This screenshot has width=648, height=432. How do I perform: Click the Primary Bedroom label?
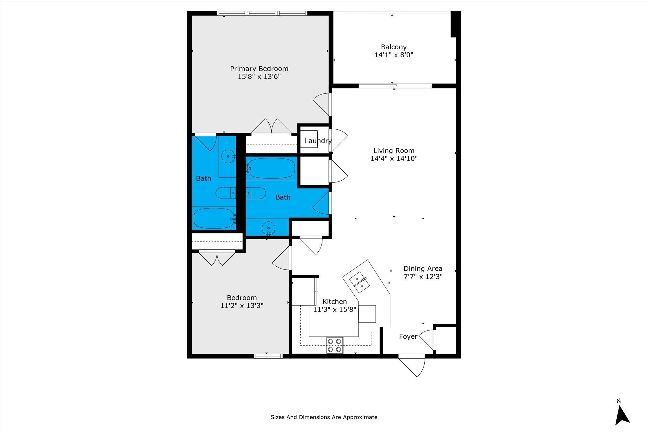coord(259,69)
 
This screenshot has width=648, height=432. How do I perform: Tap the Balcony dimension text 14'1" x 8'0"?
coord(394,55)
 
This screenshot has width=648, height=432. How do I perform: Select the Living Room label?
coord(394,151)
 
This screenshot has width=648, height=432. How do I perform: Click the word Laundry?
coord(318,141)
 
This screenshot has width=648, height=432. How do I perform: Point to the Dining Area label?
coord(423,268)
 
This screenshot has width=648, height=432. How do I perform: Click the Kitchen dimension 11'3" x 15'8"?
coord(335,310)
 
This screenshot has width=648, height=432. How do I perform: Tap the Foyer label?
coord(408,336)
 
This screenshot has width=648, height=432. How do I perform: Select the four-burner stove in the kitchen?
coord(335,345)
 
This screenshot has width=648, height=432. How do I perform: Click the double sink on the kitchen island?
coord(359,282)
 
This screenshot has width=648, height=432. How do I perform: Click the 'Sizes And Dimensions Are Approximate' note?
coord(324,417)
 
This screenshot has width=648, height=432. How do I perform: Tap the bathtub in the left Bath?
coord(214,219)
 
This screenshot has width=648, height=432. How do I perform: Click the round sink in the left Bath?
coord(228,156)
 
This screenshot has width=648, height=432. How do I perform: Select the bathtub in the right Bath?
coord(271,168)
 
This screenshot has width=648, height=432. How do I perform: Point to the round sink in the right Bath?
coord(269,228)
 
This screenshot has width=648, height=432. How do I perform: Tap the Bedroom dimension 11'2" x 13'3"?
coord(242,306)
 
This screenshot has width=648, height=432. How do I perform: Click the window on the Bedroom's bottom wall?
coord(268,356)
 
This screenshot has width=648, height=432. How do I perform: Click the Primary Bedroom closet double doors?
coord(271,127)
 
